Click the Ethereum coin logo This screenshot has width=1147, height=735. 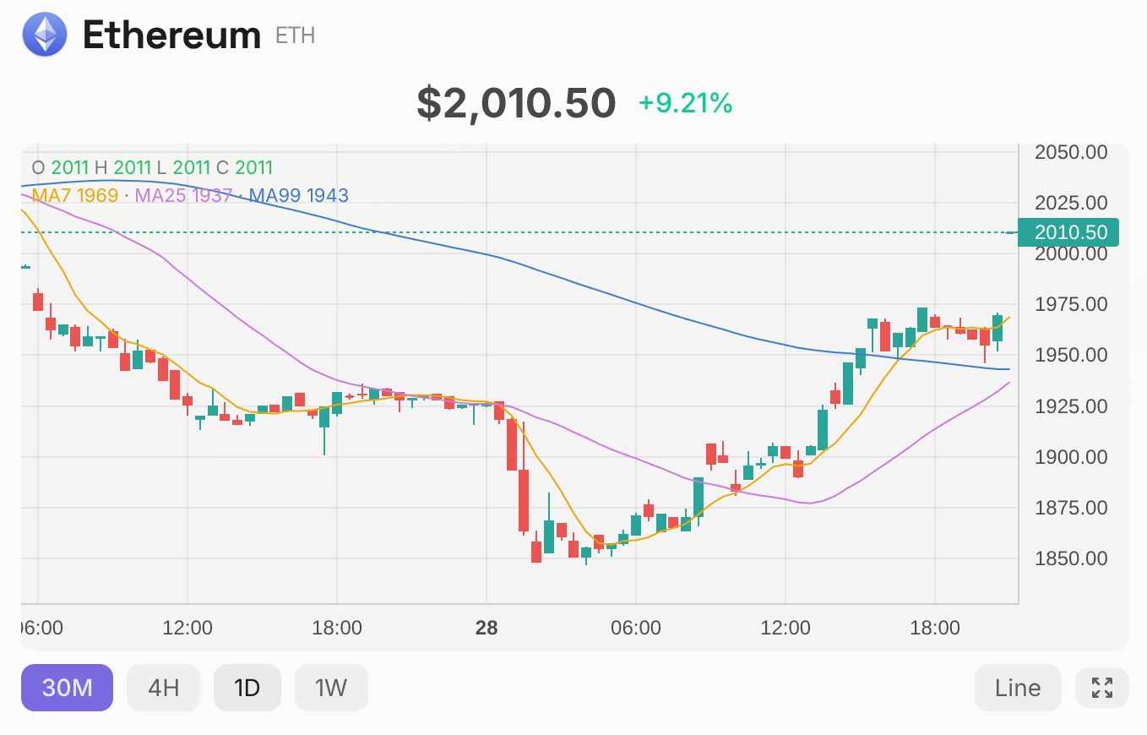pyautogui.click(x=45, y=35)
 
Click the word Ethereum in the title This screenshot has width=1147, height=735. pyautogui.click(x=171, y=35)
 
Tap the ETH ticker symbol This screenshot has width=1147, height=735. pyautogui.click(x=295, y=35)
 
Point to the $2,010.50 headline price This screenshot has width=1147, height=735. pyautogui.click(x=516, y=102)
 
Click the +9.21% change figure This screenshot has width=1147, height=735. pyautogui.click(x=685, y=103)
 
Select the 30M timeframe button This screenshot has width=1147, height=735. pyautogui.click(x=67, y=688)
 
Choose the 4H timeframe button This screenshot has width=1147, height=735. pyautogui.click(x=163, y=688)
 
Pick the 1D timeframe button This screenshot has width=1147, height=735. pyautogui.click(x=247, y=688)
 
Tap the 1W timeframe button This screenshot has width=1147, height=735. pyautogui.click(x=331, y=688)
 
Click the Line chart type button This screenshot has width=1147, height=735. pyautogui.click(x=1018, y=688)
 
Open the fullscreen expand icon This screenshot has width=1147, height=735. pyautogui.click(x=1102, y=688)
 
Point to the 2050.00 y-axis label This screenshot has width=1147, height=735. pyautogui.click(x=1071, y=153)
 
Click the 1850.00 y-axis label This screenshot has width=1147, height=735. pyautogui.click(x=1071, y=558)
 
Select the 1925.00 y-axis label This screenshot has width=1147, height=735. pyautogui.click(x=1071, y=406)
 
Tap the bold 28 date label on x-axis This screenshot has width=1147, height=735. pyautogui.click(x=487, y=628)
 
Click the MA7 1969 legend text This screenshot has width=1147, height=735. pyautogui.click(x=74, y=196)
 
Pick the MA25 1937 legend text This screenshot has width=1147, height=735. pyautogui.click(x=183, y=196)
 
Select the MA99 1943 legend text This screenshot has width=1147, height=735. pyautogui.click(x=298, y=196)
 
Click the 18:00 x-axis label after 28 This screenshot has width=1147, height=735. pyautogui.click(x=934, y=628)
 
